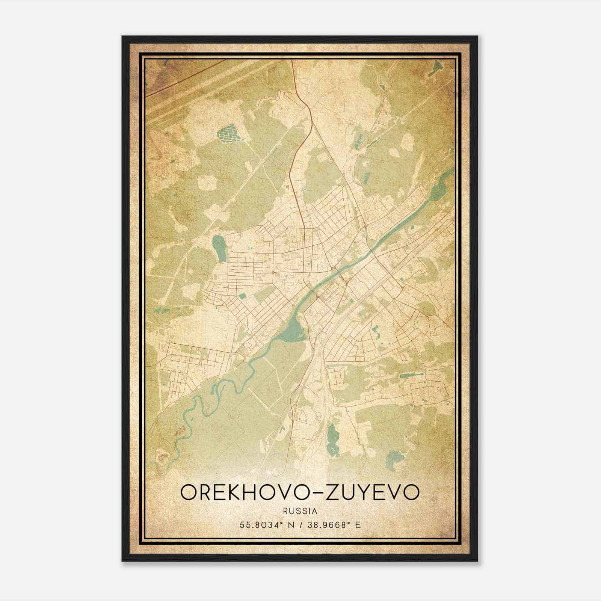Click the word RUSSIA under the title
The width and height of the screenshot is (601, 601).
click(300, 511)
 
